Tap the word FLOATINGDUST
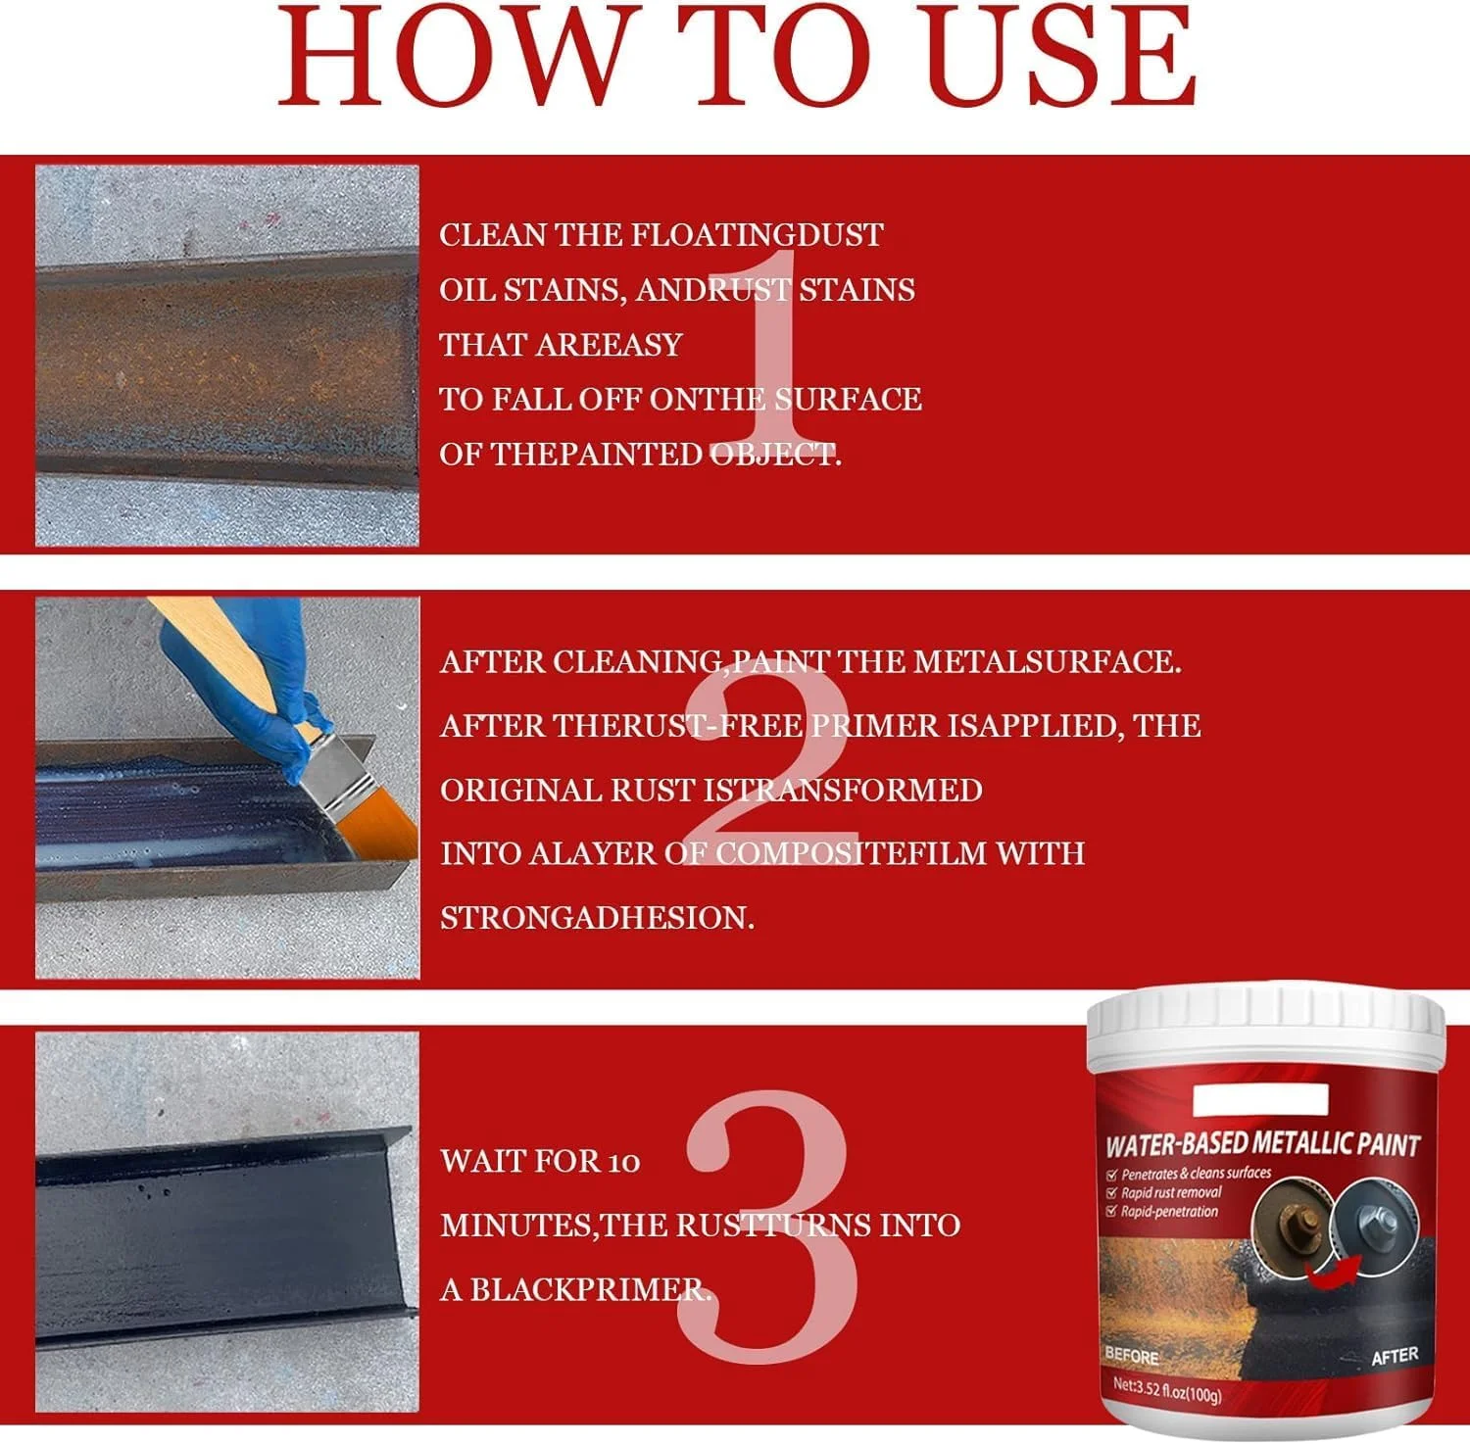point(757,235)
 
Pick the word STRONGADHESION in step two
point(597,918)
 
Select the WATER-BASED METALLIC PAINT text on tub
point(1262,1144)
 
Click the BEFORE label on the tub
point(1131,1356)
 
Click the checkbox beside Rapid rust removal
point(1111,1193)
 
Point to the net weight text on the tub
point(1167,1390)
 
